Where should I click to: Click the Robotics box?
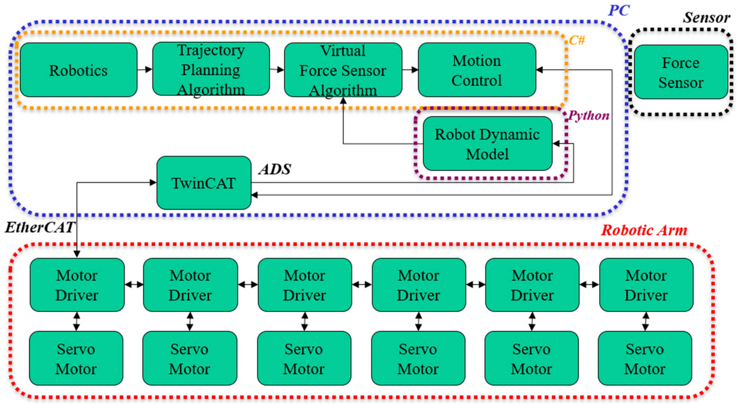coord(78,70)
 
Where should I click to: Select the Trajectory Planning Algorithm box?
coord(211,69)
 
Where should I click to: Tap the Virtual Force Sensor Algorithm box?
coord(343,70)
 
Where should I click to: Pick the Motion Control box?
coord(477,70)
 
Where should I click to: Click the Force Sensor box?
coord(681,72)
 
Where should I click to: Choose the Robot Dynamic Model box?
coord(487,144)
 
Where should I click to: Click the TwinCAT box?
coord(204,183)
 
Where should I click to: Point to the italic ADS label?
coord(275,169)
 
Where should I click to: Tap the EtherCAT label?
coord(39,228)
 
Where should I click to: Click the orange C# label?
coord(577,41)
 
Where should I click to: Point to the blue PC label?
coord(619,11)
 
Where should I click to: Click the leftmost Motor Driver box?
coord(77,285)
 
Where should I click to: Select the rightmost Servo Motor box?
coord(645,358)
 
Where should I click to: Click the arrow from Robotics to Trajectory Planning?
coord(145,69)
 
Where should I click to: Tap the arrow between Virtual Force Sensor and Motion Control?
coord(410,70)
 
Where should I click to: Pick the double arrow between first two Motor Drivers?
coord(134,285)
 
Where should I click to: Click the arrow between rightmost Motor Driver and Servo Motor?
coord(645,321)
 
